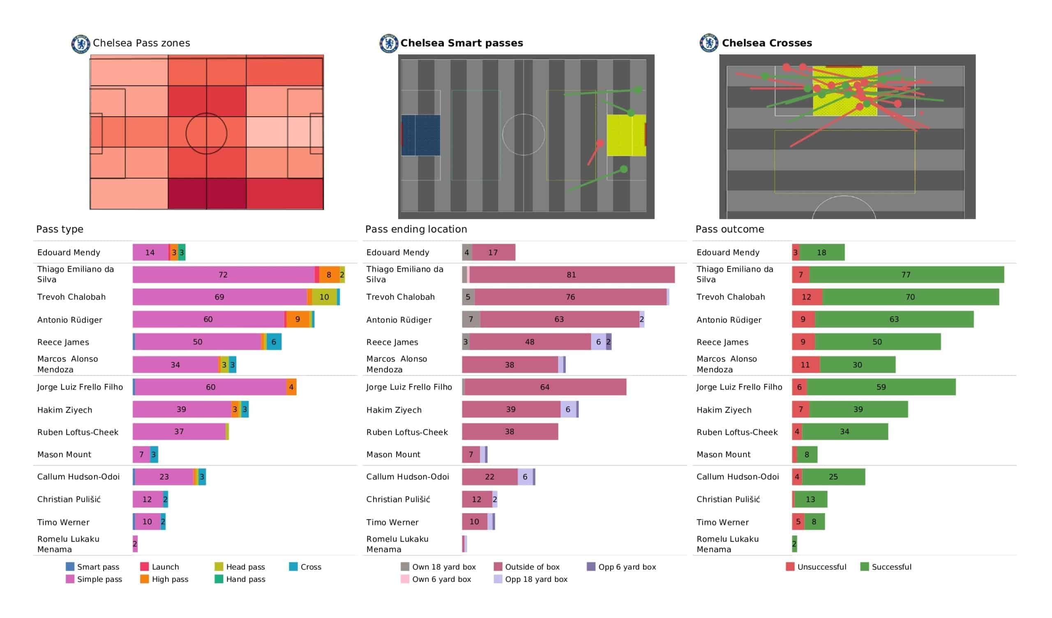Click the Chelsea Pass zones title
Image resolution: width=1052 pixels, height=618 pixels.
pos(141,43)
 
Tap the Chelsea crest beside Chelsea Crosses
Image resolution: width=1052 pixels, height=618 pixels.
pos(708,43)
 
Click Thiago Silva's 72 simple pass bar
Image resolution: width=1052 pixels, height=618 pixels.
pos(223,275)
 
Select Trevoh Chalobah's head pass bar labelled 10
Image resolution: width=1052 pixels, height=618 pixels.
pos(324,297)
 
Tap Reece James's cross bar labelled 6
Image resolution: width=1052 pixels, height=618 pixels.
pos(274,342)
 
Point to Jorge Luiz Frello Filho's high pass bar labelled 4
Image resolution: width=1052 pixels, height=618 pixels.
pos(291,387)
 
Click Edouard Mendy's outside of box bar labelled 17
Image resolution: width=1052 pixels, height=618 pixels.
pos(494,252)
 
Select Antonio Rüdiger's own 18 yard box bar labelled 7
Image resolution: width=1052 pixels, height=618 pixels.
pos(471,319)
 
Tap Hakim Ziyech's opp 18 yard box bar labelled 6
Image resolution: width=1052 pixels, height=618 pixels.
pos(568,410)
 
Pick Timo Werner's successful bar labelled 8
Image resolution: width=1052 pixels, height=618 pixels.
pos(814,521)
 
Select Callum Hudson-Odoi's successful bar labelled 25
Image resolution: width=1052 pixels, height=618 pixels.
pos(833,477)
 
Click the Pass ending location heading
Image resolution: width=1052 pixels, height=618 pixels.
pos(416,229)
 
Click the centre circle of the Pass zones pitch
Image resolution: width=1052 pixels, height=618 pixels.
pos(206,134)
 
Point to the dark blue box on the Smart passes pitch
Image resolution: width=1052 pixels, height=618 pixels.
pos(421,135)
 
